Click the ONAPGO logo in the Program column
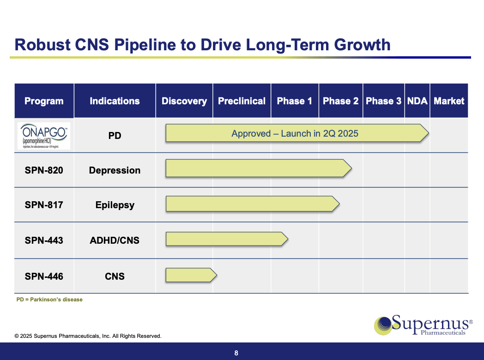(x=44, y=136)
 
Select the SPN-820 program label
(x=44, y=170)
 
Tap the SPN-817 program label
(x=44, y=205)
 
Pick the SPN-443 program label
(x=44, y=240)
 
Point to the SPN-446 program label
(x=44, y=276)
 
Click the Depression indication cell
(x=115, y=170)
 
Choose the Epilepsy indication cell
(x=115, y=205)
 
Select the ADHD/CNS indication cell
(x=115, y=240)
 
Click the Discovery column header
(x=184, y=101)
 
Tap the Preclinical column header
(x=242, y=101)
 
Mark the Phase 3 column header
(x=383, y=101)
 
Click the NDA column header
(x=417, y=101)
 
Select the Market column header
(x=449, y=101)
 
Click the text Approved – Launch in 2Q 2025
(x=295, y=133)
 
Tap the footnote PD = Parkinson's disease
(x=49, y=300)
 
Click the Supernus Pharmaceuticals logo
(x=423, y=325)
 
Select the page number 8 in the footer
(x=236, y=354)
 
